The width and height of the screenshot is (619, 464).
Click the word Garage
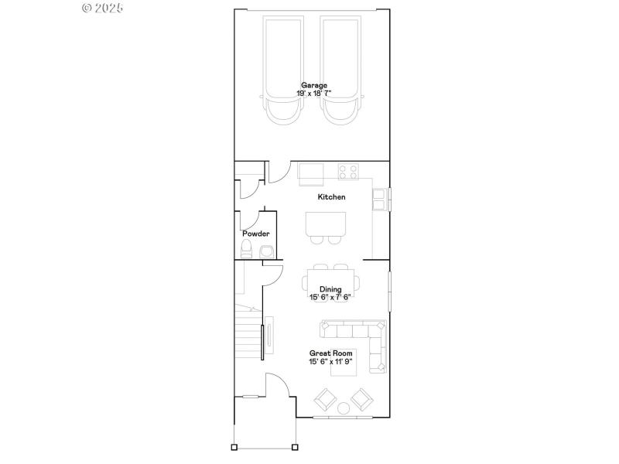click(x=314, y=85)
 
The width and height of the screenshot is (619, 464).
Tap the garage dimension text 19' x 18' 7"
click(x=314, y=94)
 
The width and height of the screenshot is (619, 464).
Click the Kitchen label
click(x=332, y=197)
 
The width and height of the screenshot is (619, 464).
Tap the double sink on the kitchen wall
click(x=381, y=200)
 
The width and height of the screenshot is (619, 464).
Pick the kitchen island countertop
click(x=324, y=223)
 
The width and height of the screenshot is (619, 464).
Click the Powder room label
click(x=255, y=234)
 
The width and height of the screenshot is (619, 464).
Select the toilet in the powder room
click(x=247, y=248)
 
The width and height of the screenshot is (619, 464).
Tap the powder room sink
click(x=267, y=251)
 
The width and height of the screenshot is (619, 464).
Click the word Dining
click(x=330, y=289)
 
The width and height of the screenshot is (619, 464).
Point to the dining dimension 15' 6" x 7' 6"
click(x=330, y=297)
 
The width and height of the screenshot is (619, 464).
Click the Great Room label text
click(x=330, y=353)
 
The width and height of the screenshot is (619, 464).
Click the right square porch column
click(x=295, y=447)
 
